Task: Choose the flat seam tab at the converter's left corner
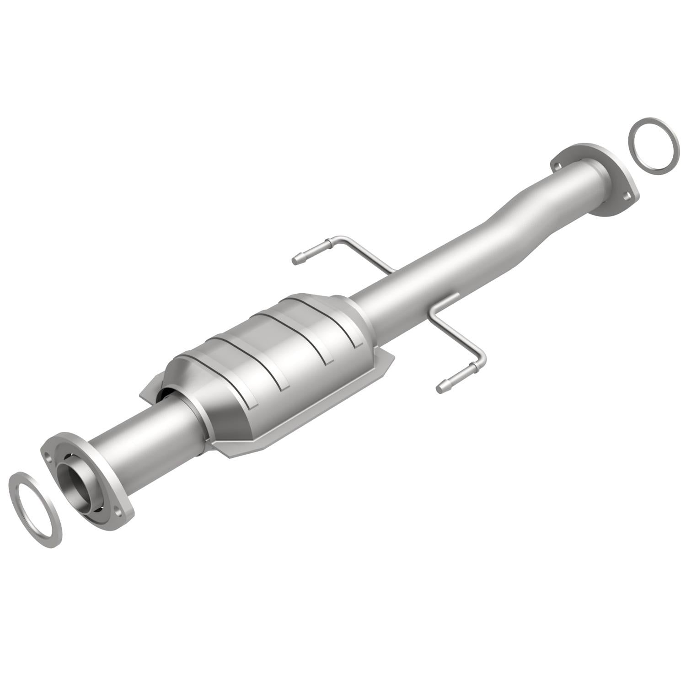[x=149, y=389]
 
